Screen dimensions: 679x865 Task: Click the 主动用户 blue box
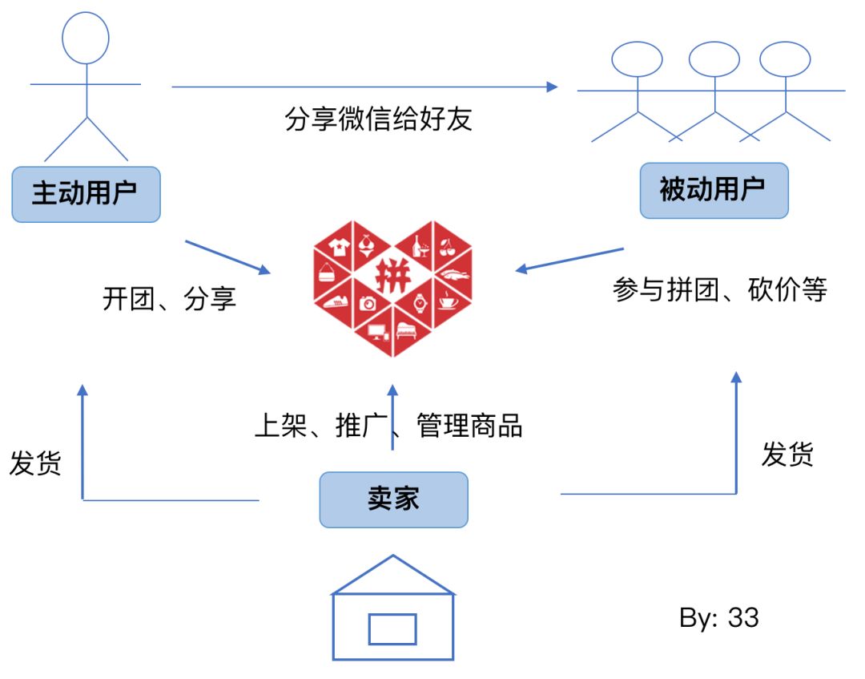86,193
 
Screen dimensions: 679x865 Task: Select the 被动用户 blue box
714,190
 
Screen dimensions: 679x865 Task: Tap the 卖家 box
393,499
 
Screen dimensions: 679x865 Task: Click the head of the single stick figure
86,38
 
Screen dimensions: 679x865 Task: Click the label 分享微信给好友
379,119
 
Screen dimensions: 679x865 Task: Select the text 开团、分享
170,300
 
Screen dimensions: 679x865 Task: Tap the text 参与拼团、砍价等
719,289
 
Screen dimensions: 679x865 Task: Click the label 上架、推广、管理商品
388,426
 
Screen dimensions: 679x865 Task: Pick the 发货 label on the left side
35,463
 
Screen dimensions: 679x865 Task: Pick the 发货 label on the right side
787,455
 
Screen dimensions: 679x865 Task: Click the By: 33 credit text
718,618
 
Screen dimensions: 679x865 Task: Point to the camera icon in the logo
368,303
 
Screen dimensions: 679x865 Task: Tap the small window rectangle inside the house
392,628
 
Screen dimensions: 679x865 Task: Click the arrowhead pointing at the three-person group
553,86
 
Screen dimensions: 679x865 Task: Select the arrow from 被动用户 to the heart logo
569,260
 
